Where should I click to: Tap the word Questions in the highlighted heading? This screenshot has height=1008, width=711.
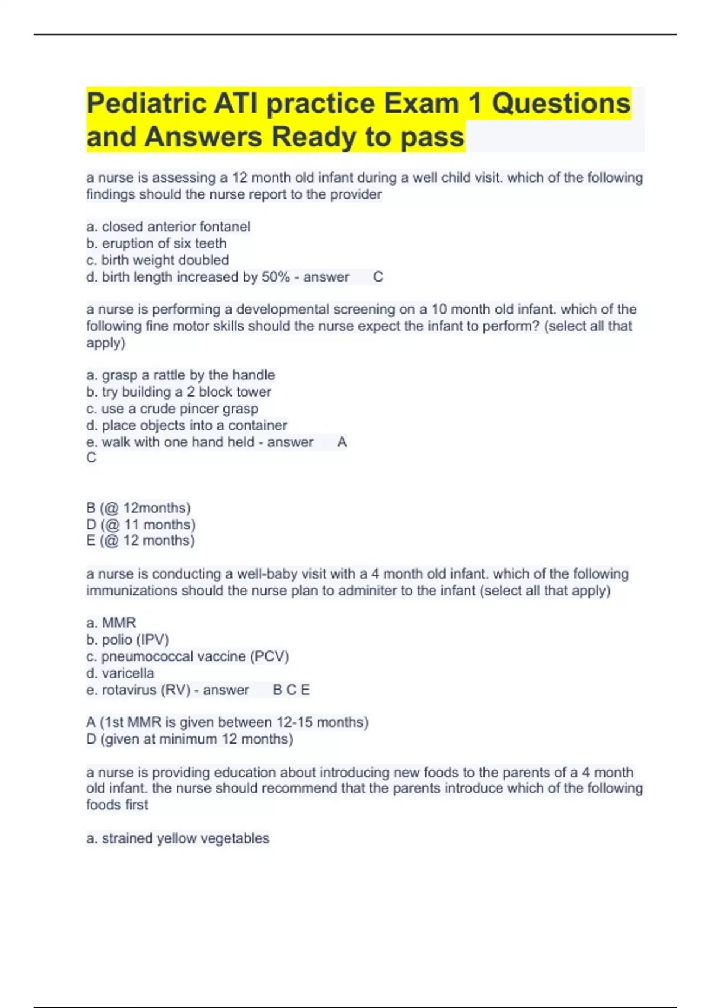(561, 104)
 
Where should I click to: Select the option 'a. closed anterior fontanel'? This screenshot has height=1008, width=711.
(168, 227)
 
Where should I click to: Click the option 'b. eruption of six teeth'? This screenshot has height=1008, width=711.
(156, 243)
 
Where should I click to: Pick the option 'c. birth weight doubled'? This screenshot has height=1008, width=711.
(158, 260)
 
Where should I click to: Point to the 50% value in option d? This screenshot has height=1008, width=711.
(276, 277)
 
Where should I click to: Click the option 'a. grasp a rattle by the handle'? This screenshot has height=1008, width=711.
(181, 375)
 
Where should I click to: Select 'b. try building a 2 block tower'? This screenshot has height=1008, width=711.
(179, 392)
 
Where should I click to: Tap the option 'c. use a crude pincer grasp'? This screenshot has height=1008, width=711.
(172, 409)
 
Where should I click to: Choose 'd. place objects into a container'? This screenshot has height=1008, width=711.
(187, 425)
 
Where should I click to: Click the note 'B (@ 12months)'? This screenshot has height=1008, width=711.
(139, 508)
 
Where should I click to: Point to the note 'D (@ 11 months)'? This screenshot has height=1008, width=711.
(141, 525)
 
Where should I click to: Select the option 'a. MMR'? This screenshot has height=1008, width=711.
(111, 623)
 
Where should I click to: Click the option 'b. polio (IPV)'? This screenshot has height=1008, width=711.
(128, 640)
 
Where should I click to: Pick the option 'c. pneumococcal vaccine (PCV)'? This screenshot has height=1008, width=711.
(188, 656)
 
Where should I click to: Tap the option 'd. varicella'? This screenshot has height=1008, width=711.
(120, 673)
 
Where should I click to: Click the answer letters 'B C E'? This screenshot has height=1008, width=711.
(291, 690)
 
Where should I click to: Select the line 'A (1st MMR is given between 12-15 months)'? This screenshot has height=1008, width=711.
(228, 722)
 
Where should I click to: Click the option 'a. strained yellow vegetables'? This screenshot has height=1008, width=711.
(178, 838)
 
